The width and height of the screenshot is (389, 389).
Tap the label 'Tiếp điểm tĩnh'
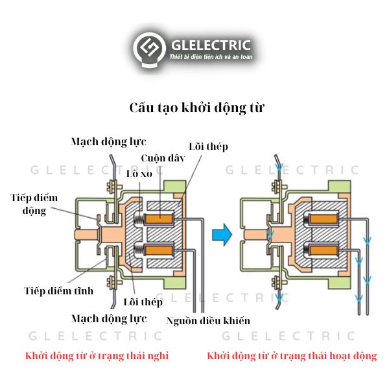59,290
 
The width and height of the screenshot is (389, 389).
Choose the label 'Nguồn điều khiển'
207,320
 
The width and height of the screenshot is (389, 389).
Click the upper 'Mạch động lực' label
109,141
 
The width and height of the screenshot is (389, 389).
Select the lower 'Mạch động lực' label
109,318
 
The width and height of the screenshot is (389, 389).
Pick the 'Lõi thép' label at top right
208,147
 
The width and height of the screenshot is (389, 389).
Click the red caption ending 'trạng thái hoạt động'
292,356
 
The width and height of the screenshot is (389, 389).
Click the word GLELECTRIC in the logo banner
210,45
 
